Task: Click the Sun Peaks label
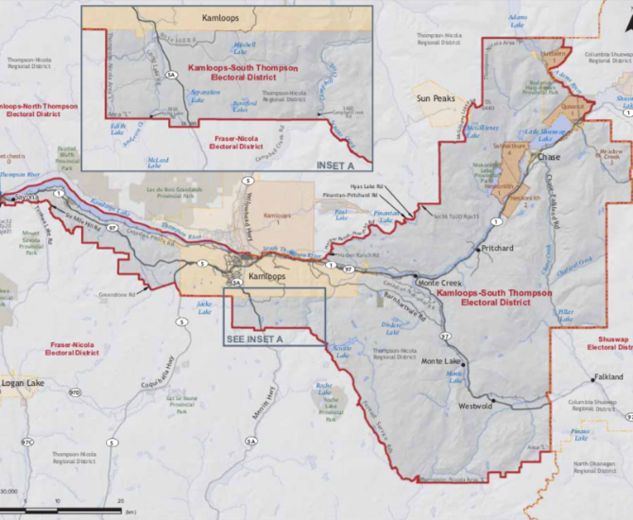438,97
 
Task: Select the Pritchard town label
497,248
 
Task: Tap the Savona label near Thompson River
26,196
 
